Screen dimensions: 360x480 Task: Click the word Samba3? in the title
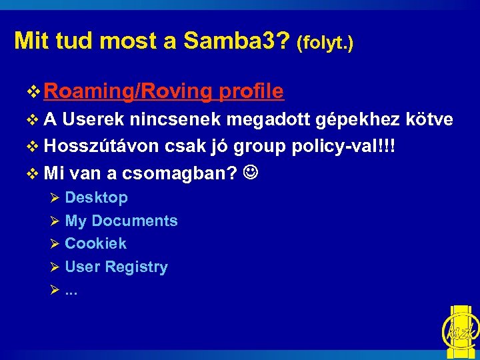pos(237,41)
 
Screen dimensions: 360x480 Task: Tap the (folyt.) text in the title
pos(325,43)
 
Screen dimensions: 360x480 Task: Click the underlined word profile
pos(251,91)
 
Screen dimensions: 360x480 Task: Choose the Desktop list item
pos(96,197)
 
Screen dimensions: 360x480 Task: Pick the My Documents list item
pos(121,221)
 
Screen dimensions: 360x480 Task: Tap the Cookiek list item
pos(95,243)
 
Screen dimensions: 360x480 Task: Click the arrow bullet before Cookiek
pos(55,244)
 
